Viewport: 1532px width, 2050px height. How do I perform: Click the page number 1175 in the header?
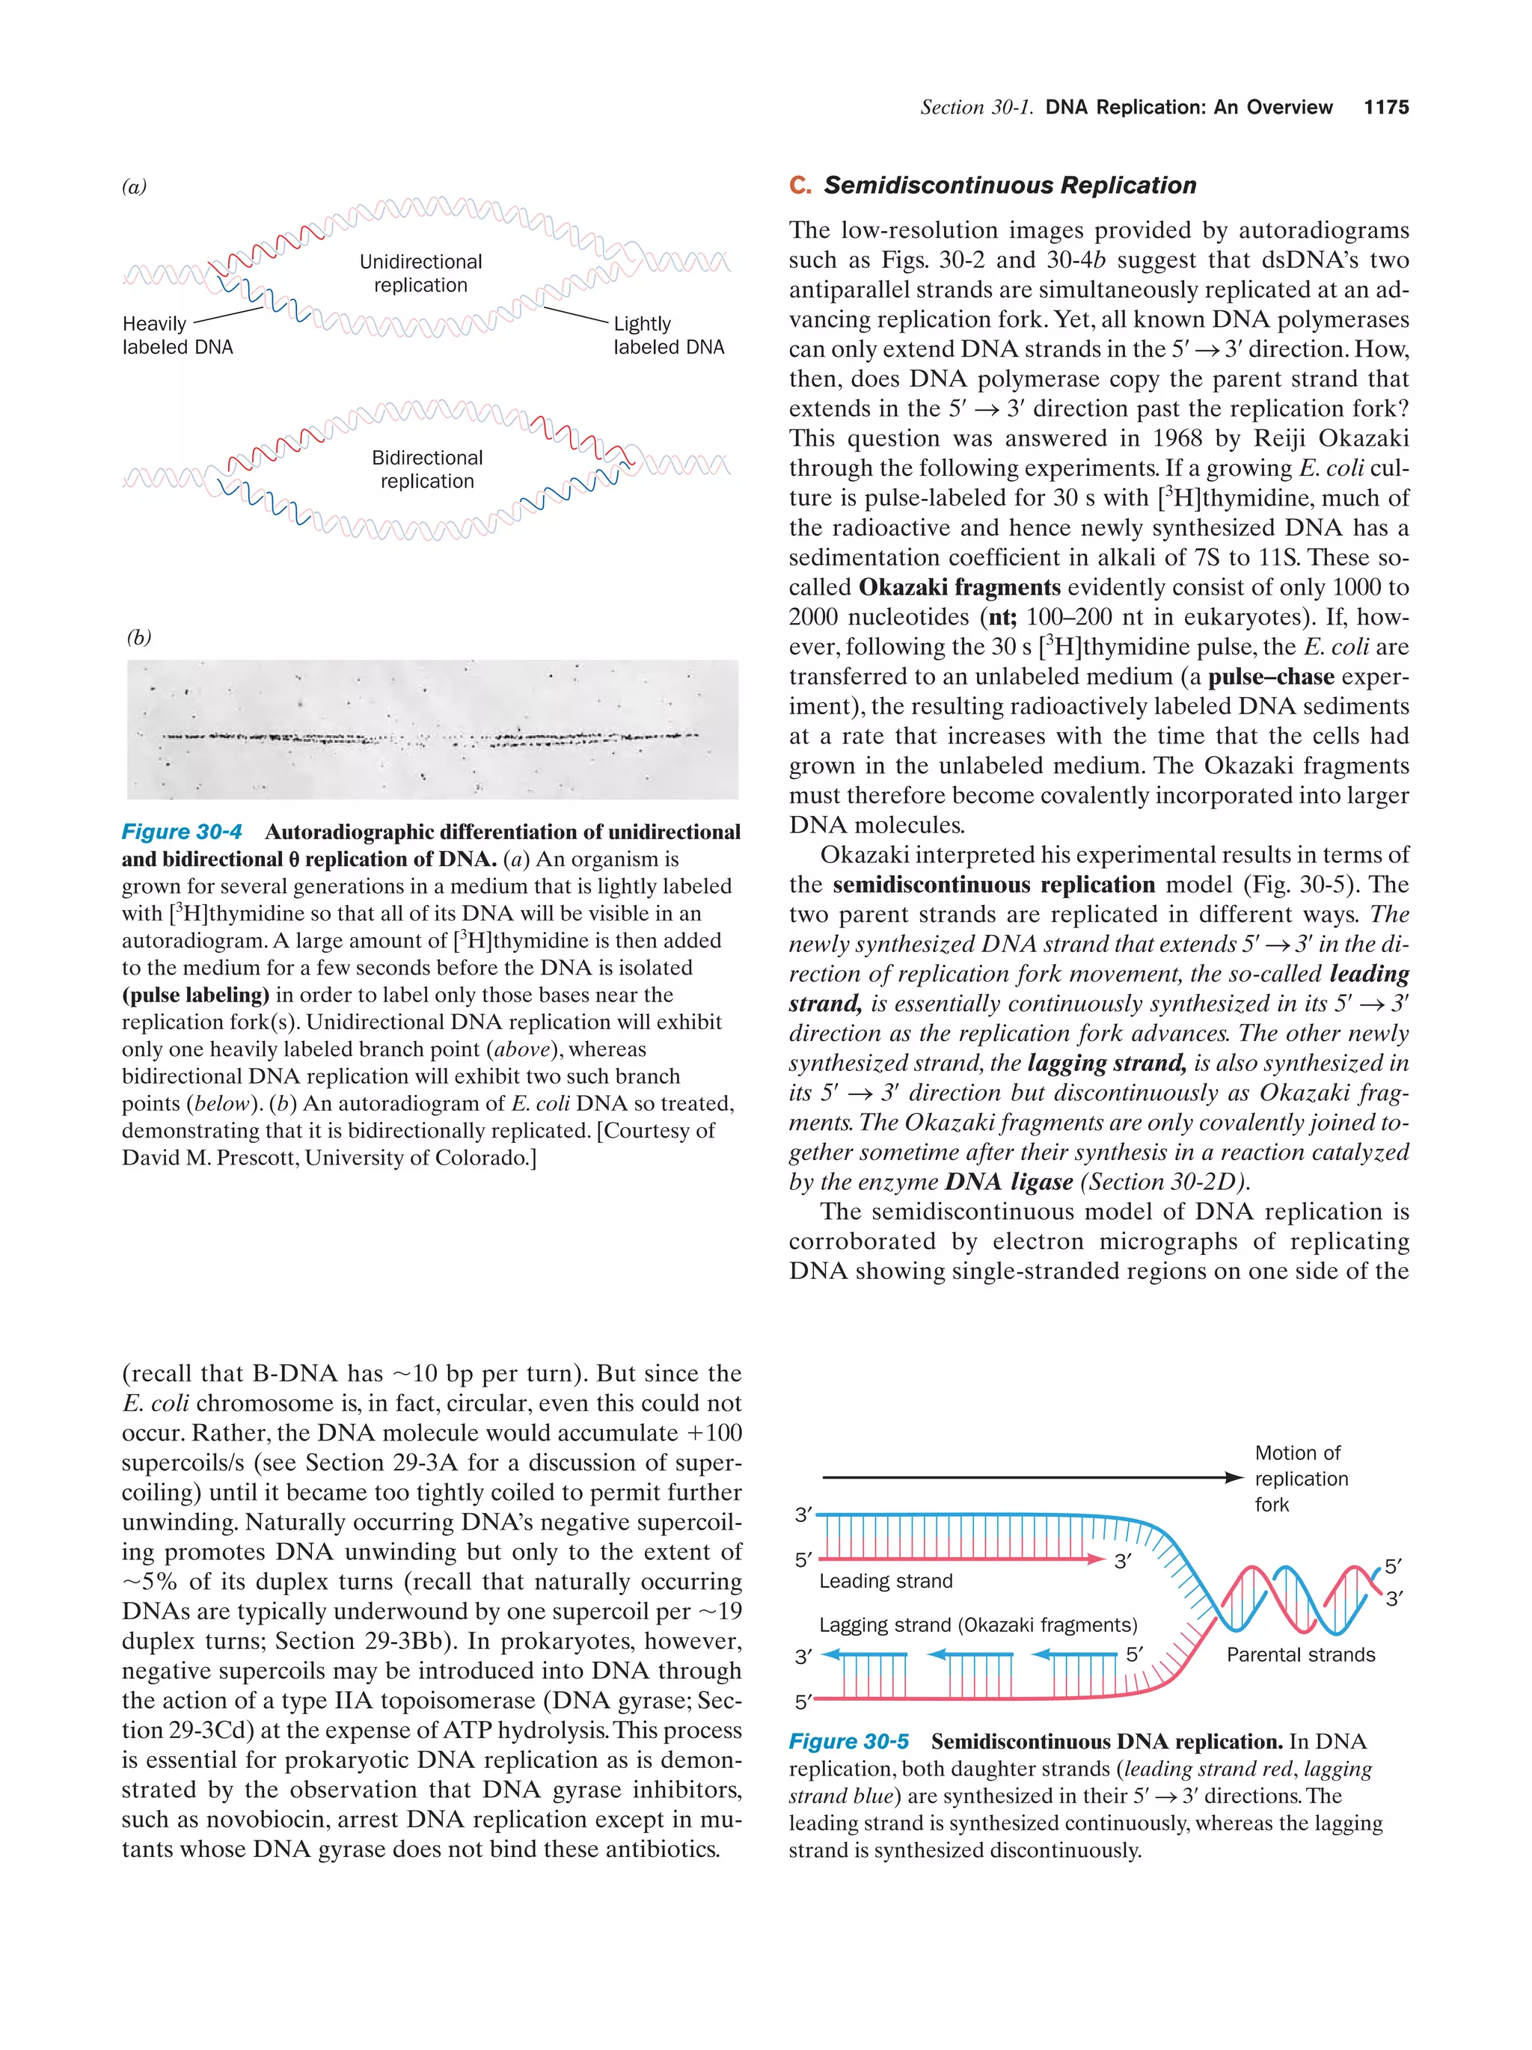pos(1385,108)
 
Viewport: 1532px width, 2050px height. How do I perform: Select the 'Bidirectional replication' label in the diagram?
pos(427,469)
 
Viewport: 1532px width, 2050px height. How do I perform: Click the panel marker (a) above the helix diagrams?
pos(135,186)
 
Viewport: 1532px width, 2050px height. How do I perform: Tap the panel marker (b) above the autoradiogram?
pos(139,638)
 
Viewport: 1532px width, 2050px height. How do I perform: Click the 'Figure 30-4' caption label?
pos(182,832)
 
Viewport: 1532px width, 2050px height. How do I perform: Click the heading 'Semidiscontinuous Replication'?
pos(1009,185)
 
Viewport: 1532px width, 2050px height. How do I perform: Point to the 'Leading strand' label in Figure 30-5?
pos(885,1581)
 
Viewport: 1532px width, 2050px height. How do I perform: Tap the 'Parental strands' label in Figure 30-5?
pos(1300,1654)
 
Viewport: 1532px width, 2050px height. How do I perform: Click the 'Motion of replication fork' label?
pos(1300,1478)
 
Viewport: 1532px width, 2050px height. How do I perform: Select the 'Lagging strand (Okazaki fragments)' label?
pos(978,1624)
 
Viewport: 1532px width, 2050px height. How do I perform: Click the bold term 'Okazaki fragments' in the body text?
pos(959,588)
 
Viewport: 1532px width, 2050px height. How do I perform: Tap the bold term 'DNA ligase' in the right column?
pos(1008,1182)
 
